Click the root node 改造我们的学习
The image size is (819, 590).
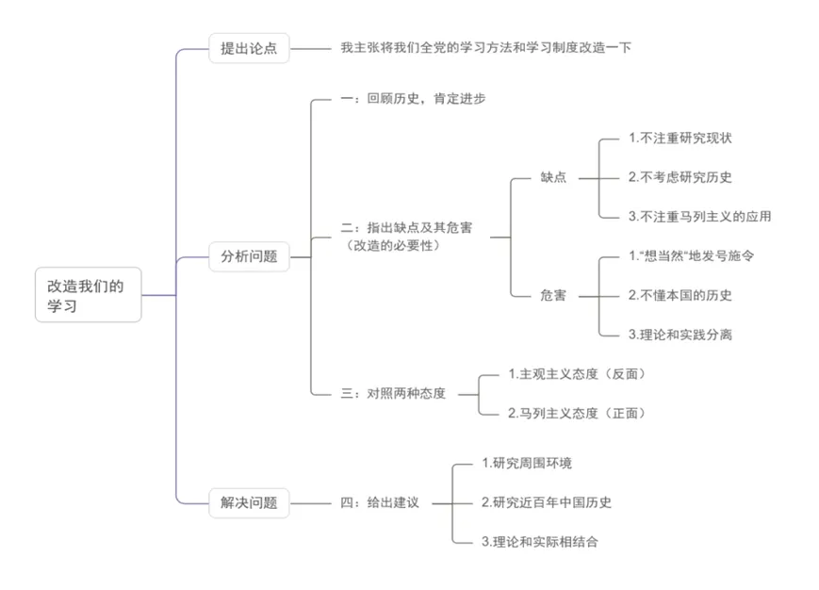tap(89, 294)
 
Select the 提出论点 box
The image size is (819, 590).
tap(249, 48)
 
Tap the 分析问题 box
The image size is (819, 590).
tap(249, 256)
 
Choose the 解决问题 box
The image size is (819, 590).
tap(249, 502)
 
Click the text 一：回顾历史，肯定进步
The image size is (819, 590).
tap(413, 98)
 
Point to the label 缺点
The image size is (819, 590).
tap(553, 177)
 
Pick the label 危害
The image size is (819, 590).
tap(553, 296)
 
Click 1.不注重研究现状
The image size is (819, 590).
tap(680, 138)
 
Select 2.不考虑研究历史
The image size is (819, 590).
tap(680, 177)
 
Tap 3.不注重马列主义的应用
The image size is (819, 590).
tap(700, 217)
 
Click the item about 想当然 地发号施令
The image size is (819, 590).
tap(691, 255)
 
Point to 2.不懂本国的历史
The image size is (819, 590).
tap(680, 296)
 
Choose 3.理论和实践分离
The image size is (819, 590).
tap(680, 335)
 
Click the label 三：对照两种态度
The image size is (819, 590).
tap(393, 393)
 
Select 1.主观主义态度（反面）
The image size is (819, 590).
tap(577, 374)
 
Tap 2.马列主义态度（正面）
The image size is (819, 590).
tap(577, 414)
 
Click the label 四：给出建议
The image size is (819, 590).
tap(380, 502)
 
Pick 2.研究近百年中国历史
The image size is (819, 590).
tap(547, 502)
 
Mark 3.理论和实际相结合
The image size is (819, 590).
tap(539, 542)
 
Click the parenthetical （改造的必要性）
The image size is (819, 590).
tap(393, 245)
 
